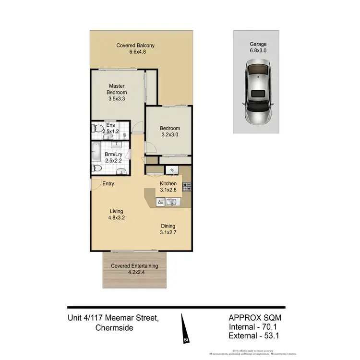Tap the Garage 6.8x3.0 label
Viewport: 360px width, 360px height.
click(x=257, y=47)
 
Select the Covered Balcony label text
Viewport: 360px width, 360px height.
click(x=135, y=46)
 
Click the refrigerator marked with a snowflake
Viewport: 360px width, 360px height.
click(x=171, y=170)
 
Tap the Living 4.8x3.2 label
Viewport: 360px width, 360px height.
click(x=116, y=215)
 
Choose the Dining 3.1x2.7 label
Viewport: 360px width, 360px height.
click(x=168, y=229)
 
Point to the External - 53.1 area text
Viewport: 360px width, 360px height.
click(x=253, y=336)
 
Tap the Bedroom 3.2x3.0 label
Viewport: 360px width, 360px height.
click(x=170, y=132)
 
